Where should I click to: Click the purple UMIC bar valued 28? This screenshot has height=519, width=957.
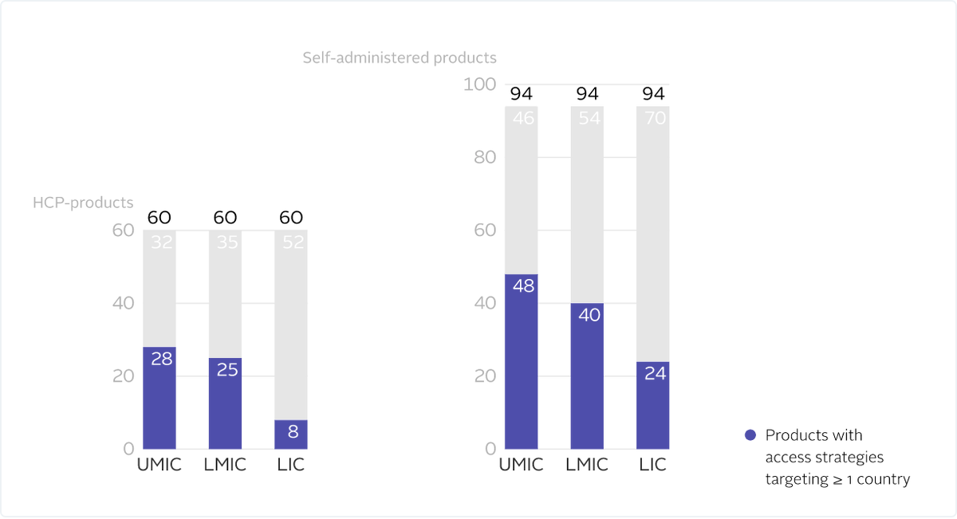point(159,398)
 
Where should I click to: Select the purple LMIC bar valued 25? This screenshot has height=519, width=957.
point(225,403)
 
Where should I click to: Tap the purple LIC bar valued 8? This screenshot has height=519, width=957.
point(291,434)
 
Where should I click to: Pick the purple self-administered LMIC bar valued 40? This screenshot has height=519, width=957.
point(587,375)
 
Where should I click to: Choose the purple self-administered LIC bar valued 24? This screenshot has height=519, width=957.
point(653,405)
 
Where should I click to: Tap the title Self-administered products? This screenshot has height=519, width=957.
point(400,57)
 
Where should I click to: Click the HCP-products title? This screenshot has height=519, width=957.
point(83,202)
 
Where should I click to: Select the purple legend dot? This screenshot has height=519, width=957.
point(750,435)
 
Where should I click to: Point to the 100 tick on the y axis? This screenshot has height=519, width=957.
point(479,85)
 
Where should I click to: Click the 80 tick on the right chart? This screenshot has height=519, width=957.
point(483,157)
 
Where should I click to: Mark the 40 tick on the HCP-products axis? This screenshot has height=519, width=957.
point(123,303)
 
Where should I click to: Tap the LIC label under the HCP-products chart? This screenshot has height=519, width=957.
point(291,465)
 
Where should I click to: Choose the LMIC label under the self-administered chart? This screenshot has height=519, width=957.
point(587,465)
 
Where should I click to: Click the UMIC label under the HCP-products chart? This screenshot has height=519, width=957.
point(159,465)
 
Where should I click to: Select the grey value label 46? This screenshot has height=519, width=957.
point(522,118)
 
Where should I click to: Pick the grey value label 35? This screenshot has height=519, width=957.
point(226,242)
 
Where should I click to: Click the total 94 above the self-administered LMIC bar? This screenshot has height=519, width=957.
point(587,94)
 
